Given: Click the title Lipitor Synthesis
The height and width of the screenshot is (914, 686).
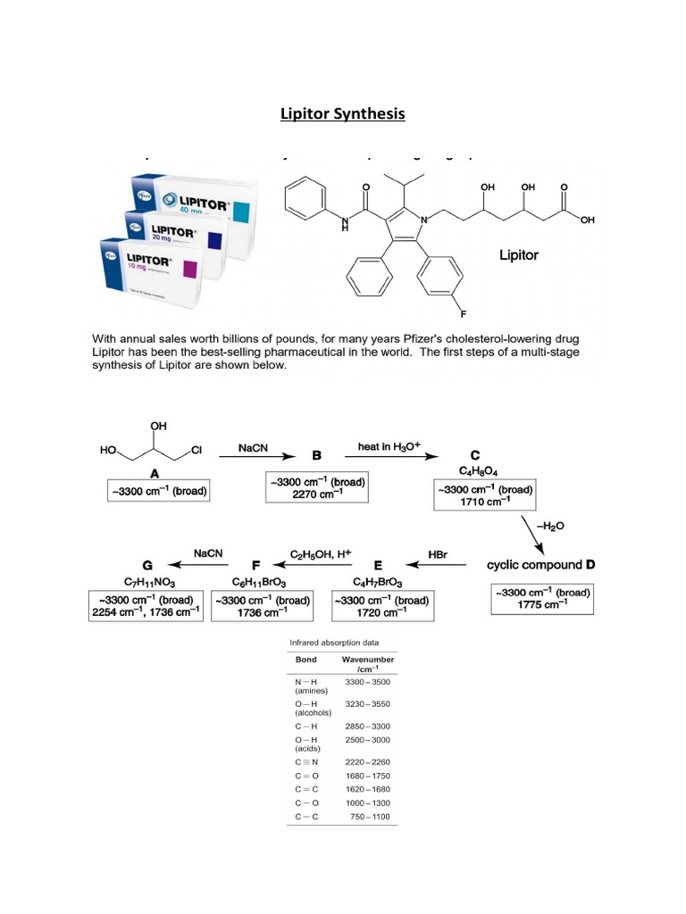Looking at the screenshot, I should [342, 113].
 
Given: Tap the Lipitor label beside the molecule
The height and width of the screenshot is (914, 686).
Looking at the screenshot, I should [518, 255].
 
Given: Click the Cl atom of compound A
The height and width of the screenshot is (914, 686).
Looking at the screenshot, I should [197, 452].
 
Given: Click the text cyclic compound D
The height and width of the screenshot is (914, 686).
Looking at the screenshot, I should [540, 565].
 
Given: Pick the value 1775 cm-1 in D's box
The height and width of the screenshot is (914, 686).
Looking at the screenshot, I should [541, 604].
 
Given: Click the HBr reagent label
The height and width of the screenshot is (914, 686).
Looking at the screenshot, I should [438, 553].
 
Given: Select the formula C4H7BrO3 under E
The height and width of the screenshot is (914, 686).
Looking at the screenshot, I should [380, 581].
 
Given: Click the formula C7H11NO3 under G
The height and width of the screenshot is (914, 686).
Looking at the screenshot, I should [147, 581].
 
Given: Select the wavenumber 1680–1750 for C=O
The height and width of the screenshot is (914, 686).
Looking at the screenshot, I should [368, 776].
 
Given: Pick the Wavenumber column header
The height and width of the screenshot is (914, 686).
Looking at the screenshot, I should [368, 660].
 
